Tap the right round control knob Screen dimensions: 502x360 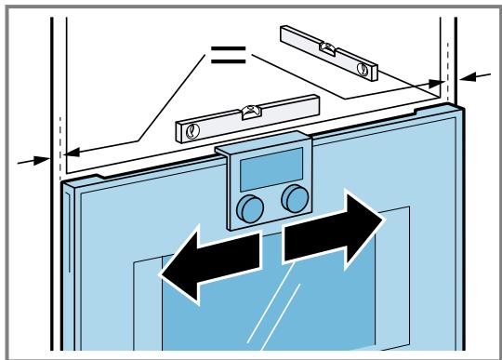click(x=296, y=195)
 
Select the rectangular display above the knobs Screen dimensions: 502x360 click(x=270, y=170)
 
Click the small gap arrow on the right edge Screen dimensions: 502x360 click(x=474, y=76)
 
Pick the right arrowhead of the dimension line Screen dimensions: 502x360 click(x=439, y=83)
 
